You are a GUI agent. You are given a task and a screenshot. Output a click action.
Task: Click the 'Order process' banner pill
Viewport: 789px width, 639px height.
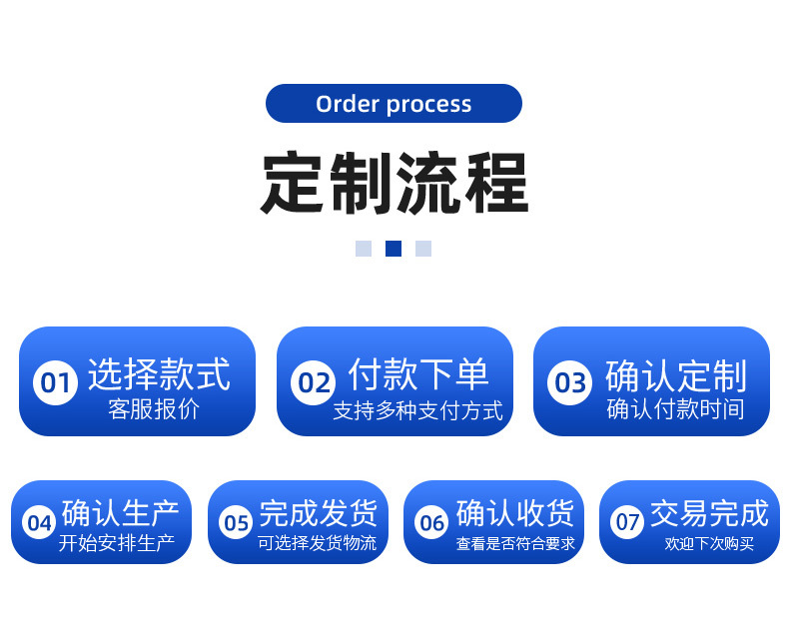coord(394,104)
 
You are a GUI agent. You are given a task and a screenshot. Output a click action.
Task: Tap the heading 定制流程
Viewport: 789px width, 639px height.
coord(394,183)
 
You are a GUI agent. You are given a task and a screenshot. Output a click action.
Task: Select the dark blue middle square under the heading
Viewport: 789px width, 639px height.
coord(394,249)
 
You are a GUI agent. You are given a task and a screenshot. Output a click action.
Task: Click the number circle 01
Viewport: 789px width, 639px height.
coord(55,382)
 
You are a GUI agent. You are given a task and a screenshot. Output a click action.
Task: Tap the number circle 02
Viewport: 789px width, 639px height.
coord(315,382)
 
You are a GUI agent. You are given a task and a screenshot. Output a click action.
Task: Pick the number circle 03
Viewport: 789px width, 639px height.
coord(570,382)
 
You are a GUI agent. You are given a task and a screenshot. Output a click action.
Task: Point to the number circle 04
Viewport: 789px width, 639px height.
coord(39,522)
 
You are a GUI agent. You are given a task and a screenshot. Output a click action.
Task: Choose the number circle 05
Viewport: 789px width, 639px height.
coord(236,522)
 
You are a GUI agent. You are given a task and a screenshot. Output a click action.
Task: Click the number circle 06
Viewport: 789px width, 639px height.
coord(431,522)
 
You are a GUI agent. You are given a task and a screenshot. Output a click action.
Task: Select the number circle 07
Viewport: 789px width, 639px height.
coord(627,521)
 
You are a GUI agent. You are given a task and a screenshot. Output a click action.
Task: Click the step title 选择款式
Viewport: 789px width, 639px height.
coord(159,374)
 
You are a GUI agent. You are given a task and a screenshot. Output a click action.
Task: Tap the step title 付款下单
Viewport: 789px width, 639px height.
coord(418,374)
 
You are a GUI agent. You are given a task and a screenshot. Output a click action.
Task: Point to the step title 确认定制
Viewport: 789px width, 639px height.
coord(675,376)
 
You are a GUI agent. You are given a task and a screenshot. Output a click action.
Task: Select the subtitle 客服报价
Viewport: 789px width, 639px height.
coord(154,409)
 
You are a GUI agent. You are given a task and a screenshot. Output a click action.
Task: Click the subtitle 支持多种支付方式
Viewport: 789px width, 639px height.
coord(417,410)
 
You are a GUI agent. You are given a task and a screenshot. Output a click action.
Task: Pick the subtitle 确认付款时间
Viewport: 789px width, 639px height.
coord(675,409)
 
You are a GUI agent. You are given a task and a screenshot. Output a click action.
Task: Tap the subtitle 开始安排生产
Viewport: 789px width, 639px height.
coord(116,543)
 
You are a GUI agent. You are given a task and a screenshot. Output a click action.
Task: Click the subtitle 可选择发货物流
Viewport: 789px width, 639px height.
coord(317,543)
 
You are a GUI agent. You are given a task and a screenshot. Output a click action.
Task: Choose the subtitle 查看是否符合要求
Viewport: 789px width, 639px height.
coord(515,544)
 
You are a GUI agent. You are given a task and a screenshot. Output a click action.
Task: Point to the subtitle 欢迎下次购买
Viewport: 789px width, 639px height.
coord(709,544)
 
